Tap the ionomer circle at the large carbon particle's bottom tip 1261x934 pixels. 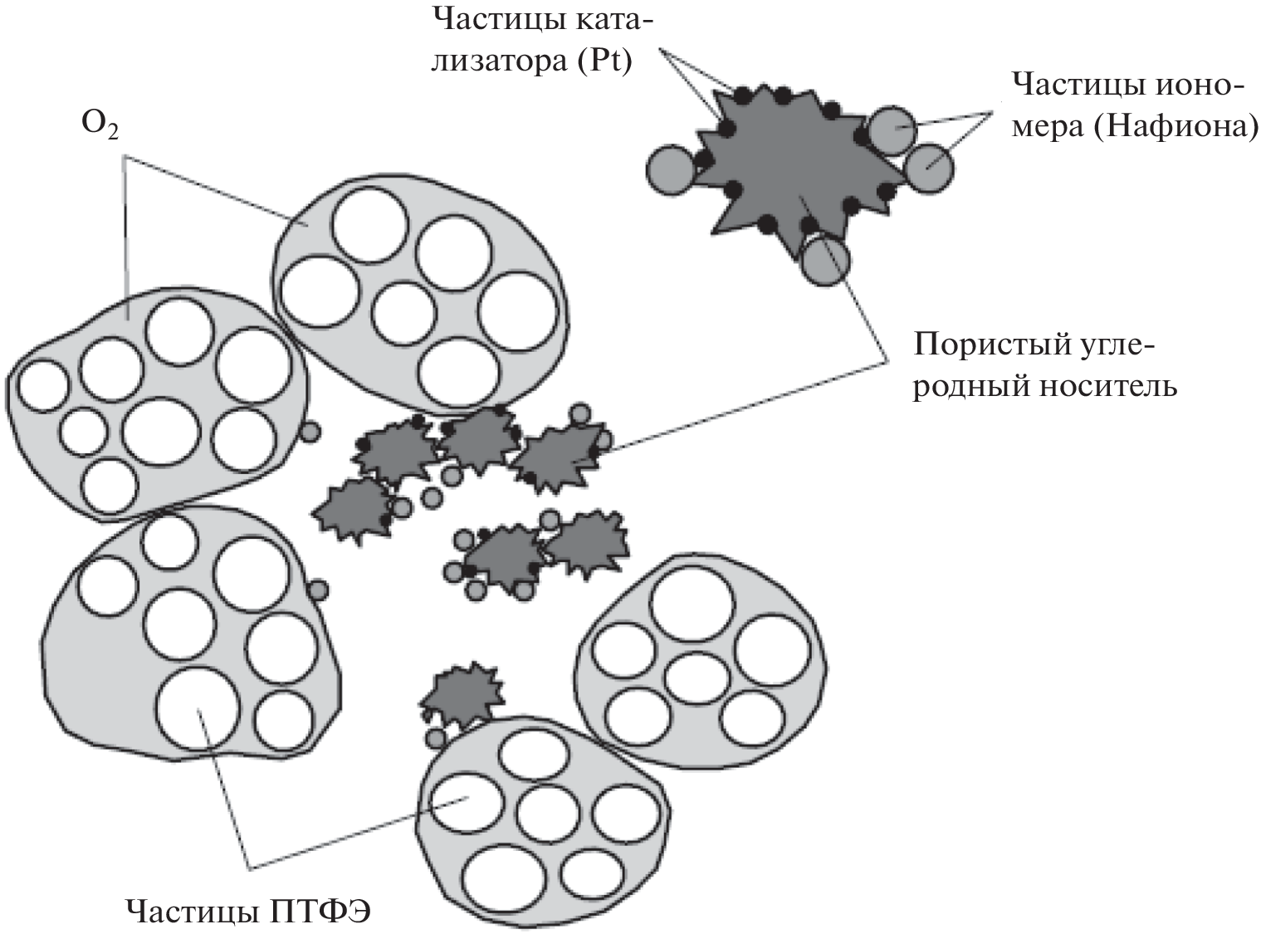point(825,259)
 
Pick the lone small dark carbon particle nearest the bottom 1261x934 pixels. point(461,693)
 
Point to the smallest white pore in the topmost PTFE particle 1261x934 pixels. point(403,315)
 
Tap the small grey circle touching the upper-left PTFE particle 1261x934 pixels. point(309,432)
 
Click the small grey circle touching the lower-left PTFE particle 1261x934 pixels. point(317,590)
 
